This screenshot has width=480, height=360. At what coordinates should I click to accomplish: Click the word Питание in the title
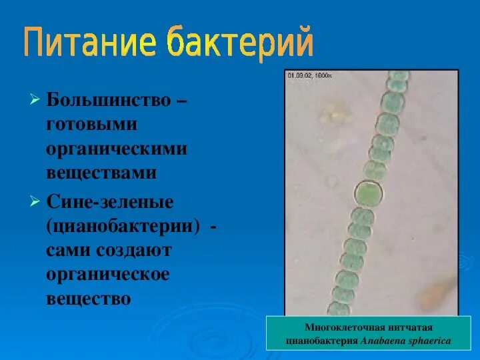coord(91,43)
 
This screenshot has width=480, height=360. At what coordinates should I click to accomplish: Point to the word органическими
coord(117,149)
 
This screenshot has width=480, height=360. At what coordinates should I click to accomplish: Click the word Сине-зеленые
coord(110,201)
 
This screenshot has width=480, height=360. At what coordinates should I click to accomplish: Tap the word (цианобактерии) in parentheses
coord(123,226)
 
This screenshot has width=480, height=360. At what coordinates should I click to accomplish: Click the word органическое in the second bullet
coord(108,274)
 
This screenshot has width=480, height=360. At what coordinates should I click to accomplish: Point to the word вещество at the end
coord(88,298)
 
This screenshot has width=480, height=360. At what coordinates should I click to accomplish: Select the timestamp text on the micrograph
coord(309,75)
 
